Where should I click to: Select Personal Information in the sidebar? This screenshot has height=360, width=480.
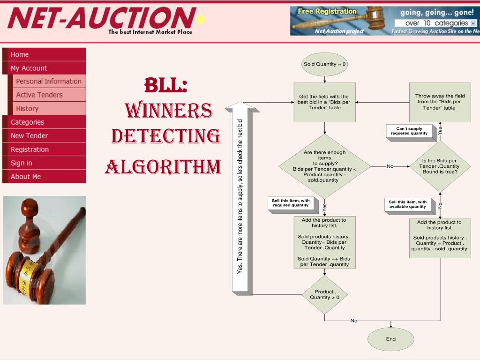[49, 81]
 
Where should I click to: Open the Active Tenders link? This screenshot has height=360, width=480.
[39, 95]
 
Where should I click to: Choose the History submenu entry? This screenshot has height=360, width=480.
[27, 108]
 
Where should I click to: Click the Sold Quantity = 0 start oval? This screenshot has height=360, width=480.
[324, 64]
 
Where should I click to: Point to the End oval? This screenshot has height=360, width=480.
[390, 339]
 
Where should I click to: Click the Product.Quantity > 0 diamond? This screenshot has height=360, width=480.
[324, 294]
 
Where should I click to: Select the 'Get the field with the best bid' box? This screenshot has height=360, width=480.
[324, 102]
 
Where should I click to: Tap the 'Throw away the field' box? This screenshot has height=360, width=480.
[440, 102]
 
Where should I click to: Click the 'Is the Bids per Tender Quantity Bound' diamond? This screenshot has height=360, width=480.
[440, 166]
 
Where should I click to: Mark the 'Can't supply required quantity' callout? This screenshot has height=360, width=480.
[409, 131]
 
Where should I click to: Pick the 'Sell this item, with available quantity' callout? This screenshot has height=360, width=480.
[407, 204]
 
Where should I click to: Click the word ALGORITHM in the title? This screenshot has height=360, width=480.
[163, 167]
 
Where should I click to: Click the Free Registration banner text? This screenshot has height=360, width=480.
[327, 11]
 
